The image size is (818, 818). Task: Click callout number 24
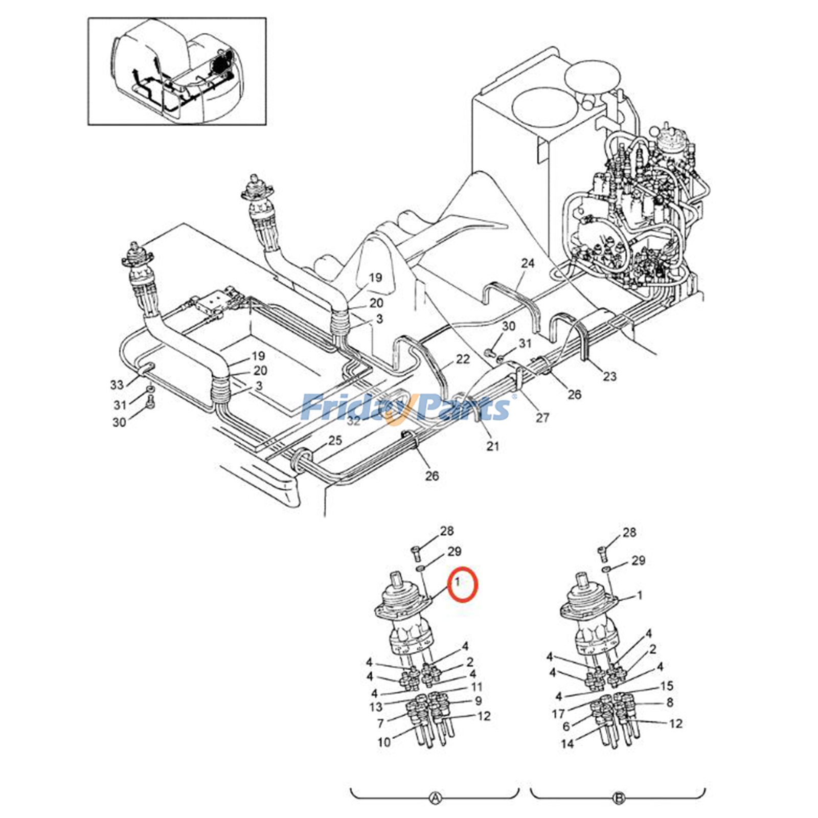(528, 263)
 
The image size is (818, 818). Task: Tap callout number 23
(609, 376)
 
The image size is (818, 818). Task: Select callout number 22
(462, 359)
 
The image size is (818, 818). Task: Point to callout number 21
(492, 446)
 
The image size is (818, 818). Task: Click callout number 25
(335, 440)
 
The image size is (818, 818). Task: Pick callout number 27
(542, 418)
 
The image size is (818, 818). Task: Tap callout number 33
(117, 384)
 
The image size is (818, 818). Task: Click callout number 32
(354, 421)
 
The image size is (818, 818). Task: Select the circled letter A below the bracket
(435, 798)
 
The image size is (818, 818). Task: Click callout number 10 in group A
(384, 742)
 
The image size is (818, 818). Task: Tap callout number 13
(376, 707)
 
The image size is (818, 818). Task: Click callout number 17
(558, 713)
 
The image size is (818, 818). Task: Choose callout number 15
(667, 686)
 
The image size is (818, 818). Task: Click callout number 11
(476, 687)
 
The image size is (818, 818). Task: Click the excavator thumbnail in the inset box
(177, 71)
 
